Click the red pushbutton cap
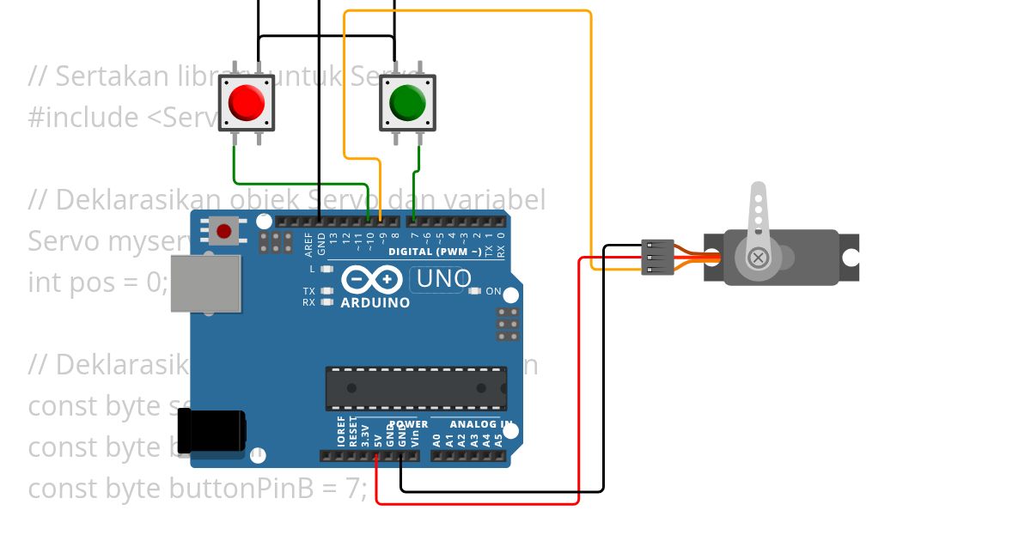pos(247,103)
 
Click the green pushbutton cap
pos(407,103)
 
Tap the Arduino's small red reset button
pos(224,231)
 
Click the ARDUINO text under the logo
pos(375,302)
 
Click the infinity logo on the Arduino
pos(372,280)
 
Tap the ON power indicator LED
pos(474,291)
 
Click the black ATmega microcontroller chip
pos(416,388)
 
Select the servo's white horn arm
pos(758,215)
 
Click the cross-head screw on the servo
pos(758,257)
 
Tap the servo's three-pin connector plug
pos(654,258)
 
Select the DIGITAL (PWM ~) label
pos(435,252)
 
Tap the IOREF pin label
pos(340,432)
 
